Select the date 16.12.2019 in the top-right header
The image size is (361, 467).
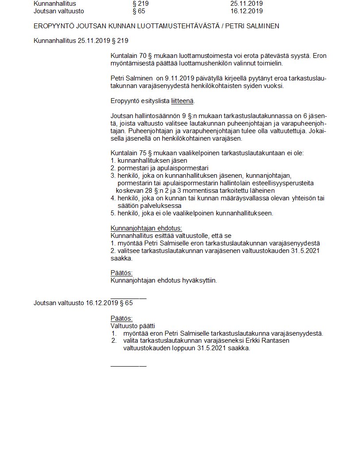coord(246,11)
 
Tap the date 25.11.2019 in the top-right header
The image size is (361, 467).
coord(246,3)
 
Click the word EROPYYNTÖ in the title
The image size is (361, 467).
coord(52,26)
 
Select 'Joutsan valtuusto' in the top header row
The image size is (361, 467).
coord(59,11)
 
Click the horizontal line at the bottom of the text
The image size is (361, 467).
coord(128,366)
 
